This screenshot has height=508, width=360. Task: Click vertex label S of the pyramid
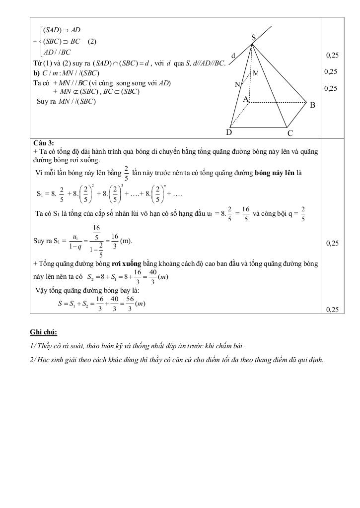tap(253, 38)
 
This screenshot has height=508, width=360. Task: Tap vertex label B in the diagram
tap(312, 105)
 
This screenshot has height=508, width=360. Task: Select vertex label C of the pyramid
tap(290, 133)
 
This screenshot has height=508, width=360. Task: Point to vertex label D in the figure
tap(229, 132)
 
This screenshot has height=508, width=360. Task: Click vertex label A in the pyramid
tap(245, 100)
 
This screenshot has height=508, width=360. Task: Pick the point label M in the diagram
tap(256, 73)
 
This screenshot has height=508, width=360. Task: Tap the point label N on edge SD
tap(237, 85)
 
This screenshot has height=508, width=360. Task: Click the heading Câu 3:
tap(43, 143)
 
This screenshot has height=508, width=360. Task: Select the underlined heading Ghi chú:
tap(43, 331)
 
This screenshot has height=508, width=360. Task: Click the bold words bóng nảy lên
tap(274, 173)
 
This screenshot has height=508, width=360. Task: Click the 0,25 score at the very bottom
tap(332, 309)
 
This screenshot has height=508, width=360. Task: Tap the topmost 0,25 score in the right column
tap(332, 55)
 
